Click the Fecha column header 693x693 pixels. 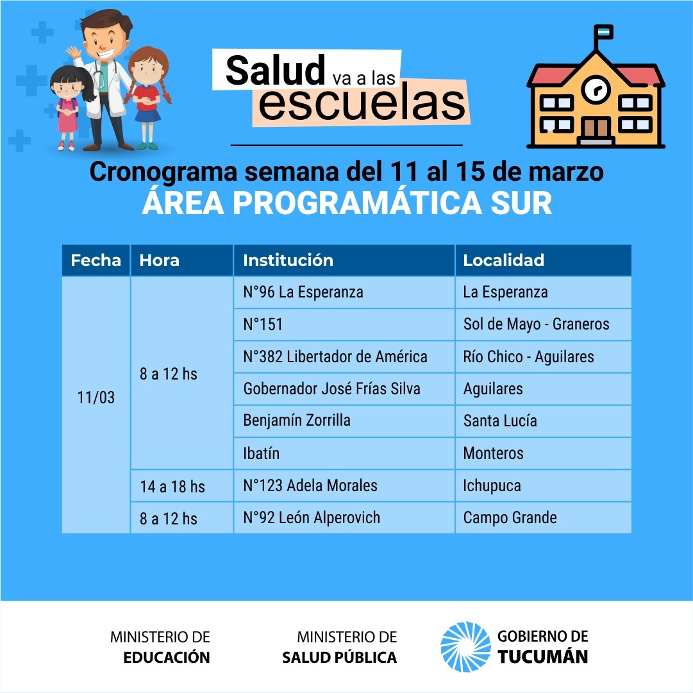pos(96,260)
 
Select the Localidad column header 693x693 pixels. pos(543,260)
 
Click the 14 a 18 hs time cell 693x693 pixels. pos(181,486)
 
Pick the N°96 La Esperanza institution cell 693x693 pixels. pos(344,292)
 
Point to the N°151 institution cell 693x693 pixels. pos(344,324)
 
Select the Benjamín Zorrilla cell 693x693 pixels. pos(344,421)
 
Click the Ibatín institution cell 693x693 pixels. pos(344,453)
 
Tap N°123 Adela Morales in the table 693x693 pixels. pos(344,486)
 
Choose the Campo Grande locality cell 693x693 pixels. pos(543,517)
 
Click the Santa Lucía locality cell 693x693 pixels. pos(543,421)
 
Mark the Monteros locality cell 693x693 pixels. pos(543,453)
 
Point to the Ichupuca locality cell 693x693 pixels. pos(543,486)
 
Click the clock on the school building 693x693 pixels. pos(596,90)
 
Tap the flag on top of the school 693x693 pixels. pos(604,32)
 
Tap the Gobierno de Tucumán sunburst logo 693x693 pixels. pos(465,647)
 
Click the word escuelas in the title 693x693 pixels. pos(362,104)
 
